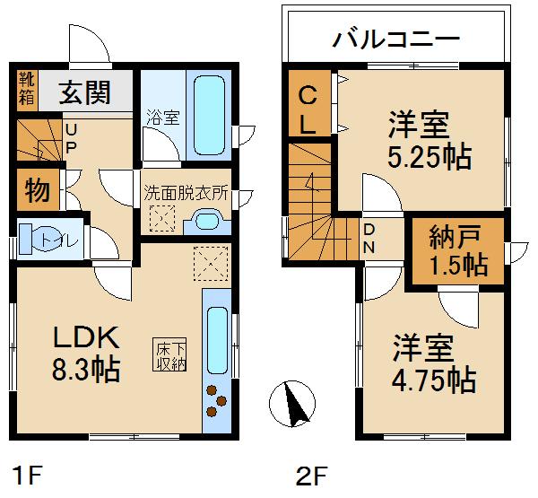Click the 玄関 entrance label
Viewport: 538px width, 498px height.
(x=85, y=92)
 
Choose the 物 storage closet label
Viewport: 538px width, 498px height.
(x=36, y=190)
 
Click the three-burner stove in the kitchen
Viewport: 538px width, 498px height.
(x=215, y=400)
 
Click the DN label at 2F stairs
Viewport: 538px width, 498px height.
(x=369, y=237)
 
